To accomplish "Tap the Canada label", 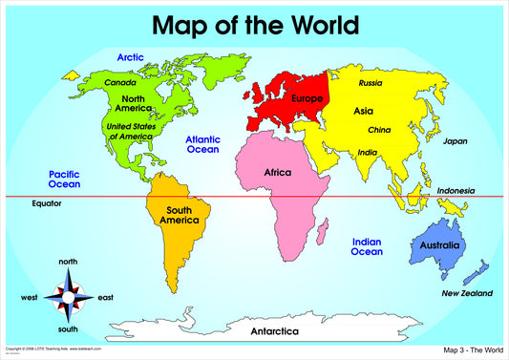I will pyautogui.click(x=121, y=82).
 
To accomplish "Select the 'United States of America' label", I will pyautogui.click(x=132, y=131).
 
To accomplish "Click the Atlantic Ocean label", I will pyautogui.click(x=202, y=143).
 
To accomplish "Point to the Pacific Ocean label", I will pyautogui.click(x=65, y=179).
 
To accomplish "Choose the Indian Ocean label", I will pyautogui.click(x=367, y=246).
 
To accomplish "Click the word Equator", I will pyautogui.click(x=46, y=203).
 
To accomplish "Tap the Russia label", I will pyautogui.click(x=371, y=83).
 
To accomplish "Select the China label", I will pyautogui.click(x=379, y=130).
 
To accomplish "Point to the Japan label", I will pyautogui.click(x=455, y=141).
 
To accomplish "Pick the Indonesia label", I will pyautogui.click(x=456, y=191).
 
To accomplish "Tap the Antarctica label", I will pyautogui.click(x=274, y=331).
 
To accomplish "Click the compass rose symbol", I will pyautogui.click(x=68, y=297).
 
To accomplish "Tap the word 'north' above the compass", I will pyautogui.click(x=68, y=262).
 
